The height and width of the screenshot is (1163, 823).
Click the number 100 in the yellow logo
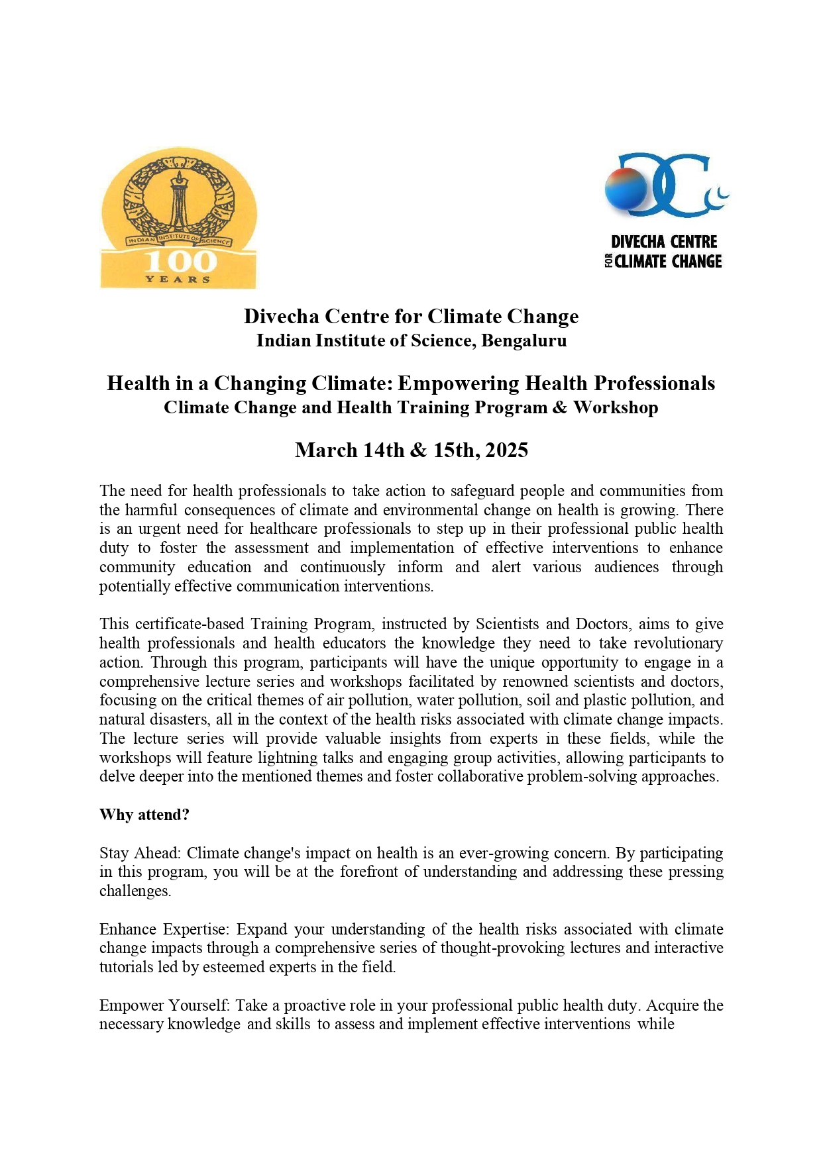tap(181, 261)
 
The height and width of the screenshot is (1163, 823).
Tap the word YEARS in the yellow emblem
tap(178, 279)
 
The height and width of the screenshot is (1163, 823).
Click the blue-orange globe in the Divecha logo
tap(626, 187)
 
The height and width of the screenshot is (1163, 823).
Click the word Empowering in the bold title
tap(458, 383)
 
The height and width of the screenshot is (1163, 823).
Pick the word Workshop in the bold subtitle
tap(616, 407)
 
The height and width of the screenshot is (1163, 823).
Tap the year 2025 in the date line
tap(506, 450)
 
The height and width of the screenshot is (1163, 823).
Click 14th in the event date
tap(384, 450)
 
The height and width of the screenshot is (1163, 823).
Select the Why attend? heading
tap(144, 815)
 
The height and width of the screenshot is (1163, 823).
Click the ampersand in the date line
tap(418, 450)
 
